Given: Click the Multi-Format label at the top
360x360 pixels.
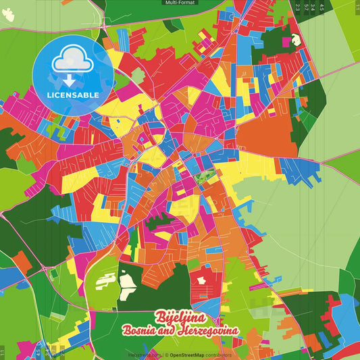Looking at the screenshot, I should (x=180, y=3).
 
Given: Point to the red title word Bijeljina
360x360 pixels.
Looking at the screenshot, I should (x=180, y=317).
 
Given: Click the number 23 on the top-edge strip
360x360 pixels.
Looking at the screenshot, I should (x=298, y=7).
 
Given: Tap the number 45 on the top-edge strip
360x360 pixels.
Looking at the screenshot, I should (x=322, y=7).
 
